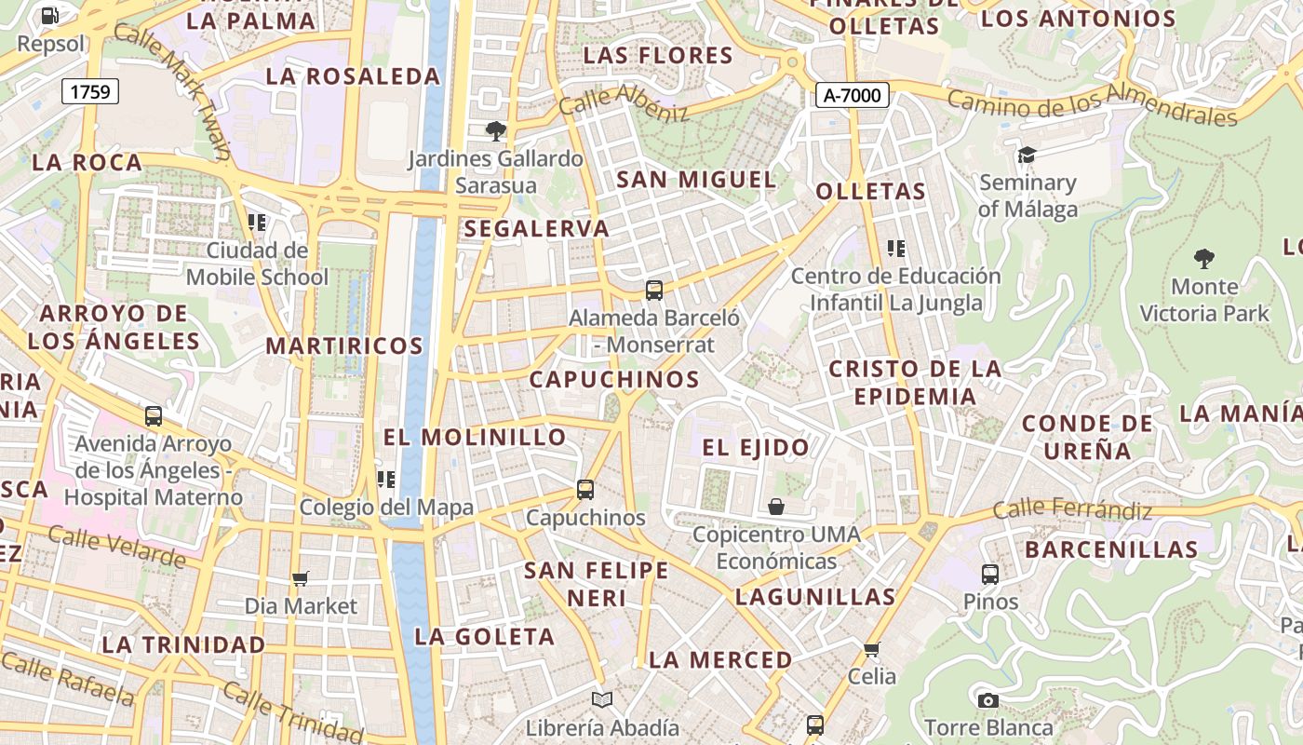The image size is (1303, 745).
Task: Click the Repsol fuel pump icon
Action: click(x=50, y=15)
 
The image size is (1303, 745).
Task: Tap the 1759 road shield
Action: click(x=90, y=91)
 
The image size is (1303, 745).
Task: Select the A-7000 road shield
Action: click(x=853, y=95)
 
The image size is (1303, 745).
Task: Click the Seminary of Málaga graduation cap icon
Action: click(x=1027, y=155)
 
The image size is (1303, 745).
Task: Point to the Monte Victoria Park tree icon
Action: click(x=1204, y=258)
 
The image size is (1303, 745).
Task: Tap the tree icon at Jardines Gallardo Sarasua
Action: click(x=495, y=130)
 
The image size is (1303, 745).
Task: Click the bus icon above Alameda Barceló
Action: click(x=654, y=290)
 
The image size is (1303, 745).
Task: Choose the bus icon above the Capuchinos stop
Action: click(x=585, y=489)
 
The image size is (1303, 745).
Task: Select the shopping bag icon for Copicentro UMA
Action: click(x=776, y=507)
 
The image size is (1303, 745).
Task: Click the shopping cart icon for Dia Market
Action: click(x=300, y=579)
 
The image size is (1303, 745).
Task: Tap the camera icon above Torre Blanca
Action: click(x=987, y=700)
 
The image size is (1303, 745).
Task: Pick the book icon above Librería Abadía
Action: click(x=602, y=699)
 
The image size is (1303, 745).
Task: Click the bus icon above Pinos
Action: click(x=990, y=574)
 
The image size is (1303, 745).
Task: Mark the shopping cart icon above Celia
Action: click(x=871, y=649)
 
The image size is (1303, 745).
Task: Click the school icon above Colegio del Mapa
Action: click(x=386, y=480)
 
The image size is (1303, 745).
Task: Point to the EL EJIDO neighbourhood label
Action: click(x=756, y=448)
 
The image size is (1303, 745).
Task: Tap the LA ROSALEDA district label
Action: click(x=353, y=76)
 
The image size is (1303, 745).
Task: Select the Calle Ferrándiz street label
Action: click(x=1072, y=509)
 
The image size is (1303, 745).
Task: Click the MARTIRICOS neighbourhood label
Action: click(x=344, y=346)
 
